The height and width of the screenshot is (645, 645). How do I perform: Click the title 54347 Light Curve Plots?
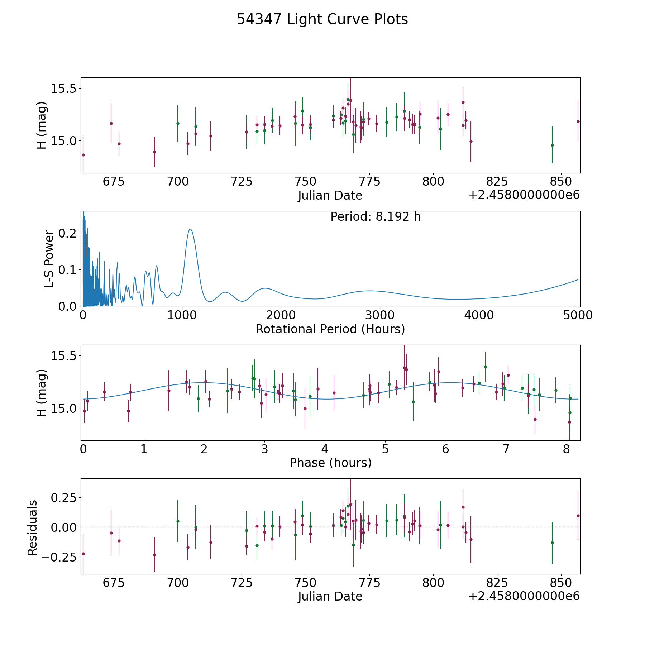pos(322,19)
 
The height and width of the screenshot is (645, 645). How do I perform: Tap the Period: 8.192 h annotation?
pos(376,217)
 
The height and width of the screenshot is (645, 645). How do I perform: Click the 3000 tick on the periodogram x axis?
pos(379,315)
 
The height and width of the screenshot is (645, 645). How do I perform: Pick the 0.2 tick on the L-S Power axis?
pos(68,233)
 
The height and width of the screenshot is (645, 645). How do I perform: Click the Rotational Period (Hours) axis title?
pos(330,329)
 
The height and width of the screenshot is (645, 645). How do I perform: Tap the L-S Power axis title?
pos(49,259)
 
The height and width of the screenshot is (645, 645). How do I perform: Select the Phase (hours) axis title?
pos(330,463)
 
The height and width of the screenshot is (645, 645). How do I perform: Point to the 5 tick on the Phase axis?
pos(385,449)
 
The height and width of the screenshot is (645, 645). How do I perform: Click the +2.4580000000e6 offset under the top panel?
pos(524,195)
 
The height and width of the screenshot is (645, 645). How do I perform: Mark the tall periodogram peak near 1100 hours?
pos(190,229)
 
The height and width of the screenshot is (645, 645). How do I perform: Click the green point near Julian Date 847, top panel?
pos(552,145)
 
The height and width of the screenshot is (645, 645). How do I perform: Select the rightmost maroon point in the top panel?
pos(578,121)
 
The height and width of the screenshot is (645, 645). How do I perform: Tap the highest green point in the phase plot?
pos(486,367)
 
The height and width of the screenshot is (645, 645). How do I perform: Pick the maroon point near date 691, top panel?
pos(154,152)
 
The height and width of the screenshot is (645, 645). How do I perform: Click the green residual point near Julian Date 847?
pos(552,543)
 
